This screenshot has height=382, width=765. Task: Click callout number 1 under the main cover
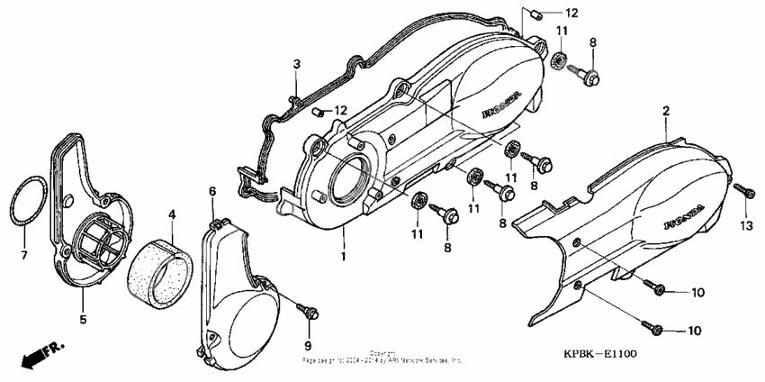343,257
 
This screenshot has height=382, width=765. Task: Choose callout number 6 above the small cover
212,191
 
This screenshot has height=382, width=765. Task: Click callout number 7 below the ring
24,255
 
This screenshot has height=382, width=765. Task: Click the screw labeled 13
742,190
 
